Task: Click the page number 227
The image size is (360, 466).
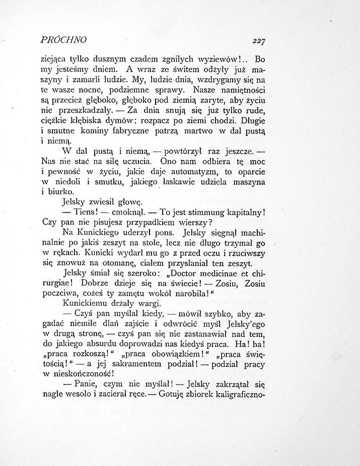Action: pos(259,41)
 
